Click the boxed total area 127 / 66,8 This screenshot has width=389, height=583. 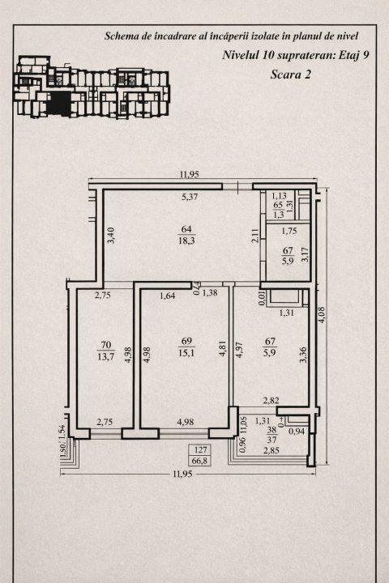coord(199,455)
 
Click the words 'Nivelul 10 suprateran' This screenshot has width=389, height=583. coord(264,56)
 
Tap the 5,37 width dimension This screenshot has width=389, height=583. coord(189,197)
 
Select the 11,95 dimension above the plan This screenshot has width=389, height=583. coord(190,174)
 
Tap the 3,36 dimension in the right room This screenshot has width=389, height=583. coord(302,355)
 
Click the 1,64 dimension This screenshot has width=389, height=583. coord(168,295)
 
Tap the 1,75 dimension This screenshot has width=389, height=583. coord(288,232)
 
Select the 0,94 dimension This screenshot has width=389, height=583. coord(297,431)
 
